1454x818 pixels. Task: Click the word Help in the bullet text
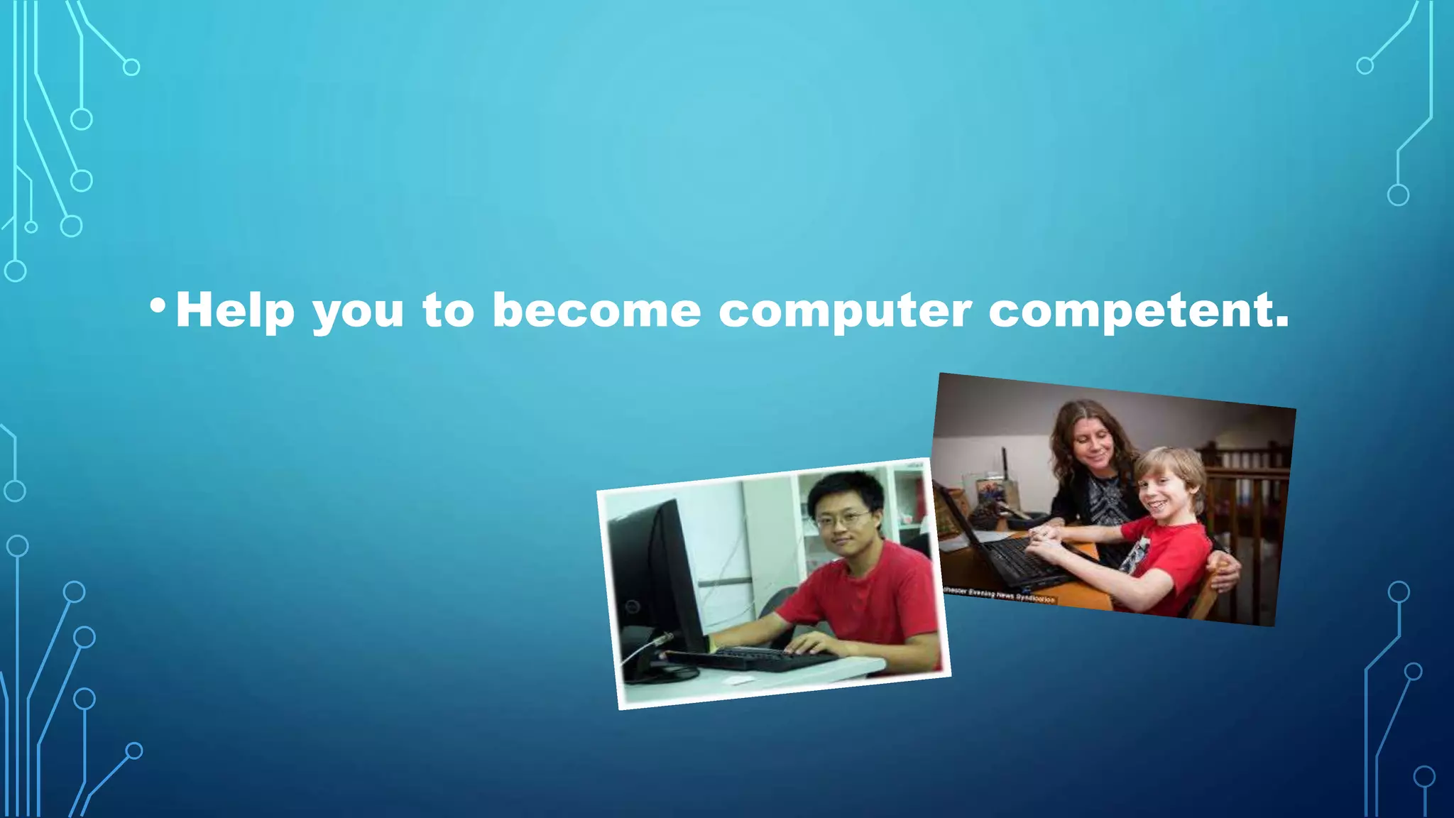[234, 310]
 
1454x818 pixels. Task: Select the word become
[596, 310]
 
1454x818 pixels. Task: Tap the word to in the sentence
[448, 311]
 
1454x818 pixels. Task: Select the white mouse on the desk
[737, 680]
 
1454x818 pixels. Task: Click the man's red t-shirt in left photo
[870, 596]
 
